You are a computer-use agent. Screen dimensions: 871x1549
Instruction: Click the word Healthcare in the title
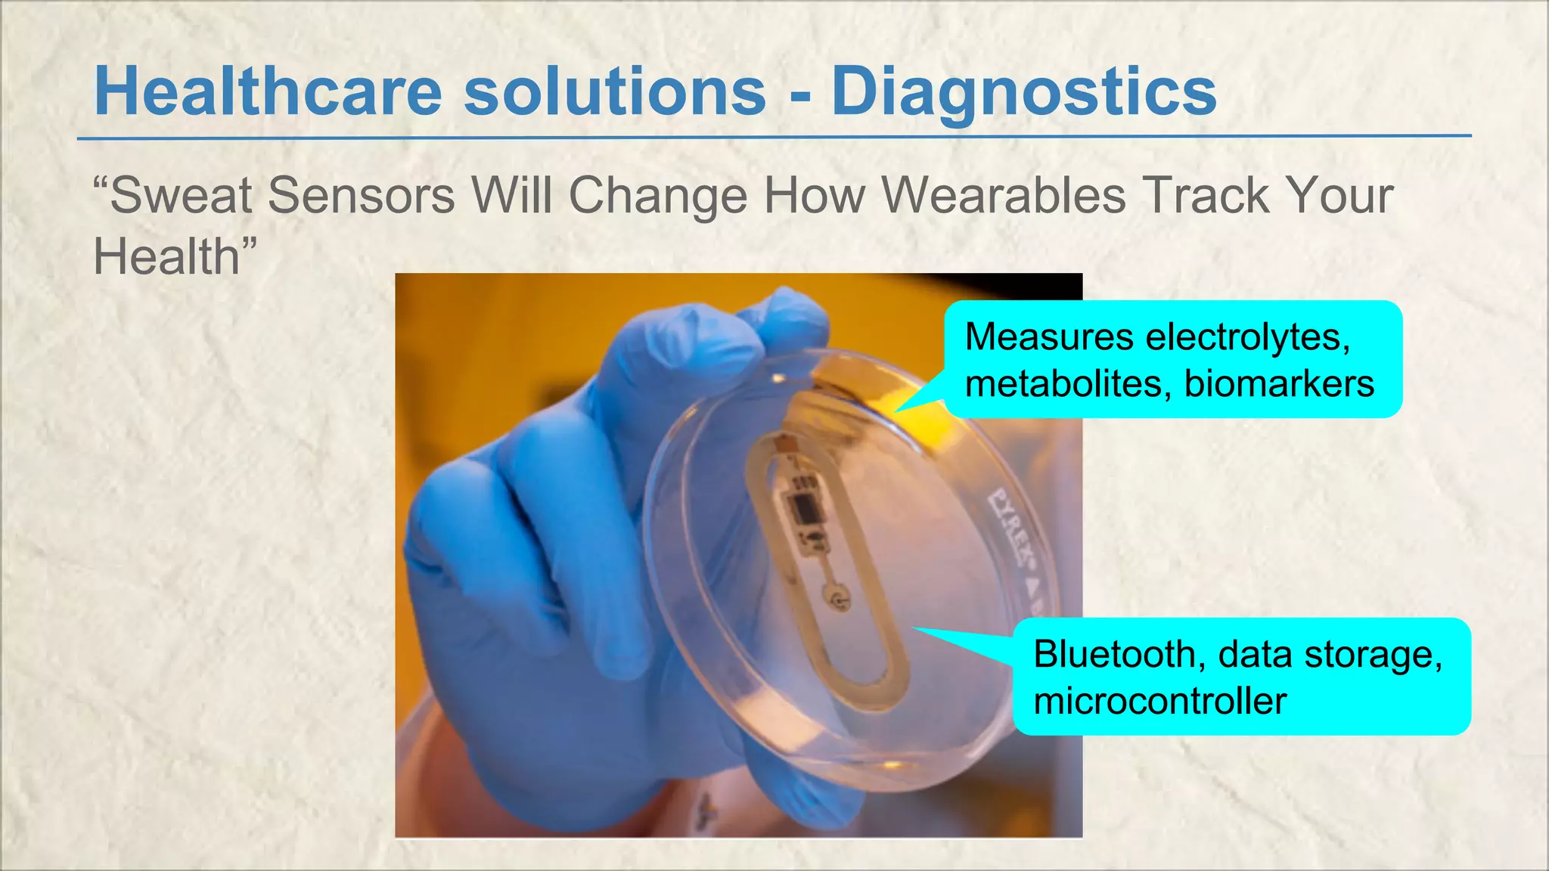(x=268, y=91)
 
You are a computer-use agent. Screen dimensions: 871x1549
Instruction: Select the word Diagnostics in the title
(x=1024, y=93)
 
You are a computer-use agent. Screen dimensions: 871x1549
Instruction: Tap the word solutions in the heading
(x=615, y=91)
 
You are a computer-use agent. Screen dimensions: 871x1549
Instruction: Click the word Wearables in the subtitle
(x=1004, y=195)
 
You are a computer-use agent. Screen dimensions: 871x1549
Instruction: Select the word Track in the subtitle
(x=1206, y=195)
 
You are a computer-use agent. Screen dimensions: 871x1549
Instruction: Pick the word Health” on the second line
(x=175, y=256)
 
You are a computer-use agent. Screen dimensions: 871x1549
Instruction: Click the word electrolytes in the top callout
(x=1247, y=336)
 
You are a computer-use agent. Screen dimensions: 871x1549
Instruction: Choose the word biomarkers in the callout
(x=1279, y=383)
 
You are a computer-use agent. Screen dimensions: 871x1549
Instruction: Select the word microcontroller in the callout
(x=1159, y=701)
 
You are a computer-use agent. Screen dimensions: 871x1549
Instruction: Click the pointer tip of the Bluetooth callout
(x=914, y=628)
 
